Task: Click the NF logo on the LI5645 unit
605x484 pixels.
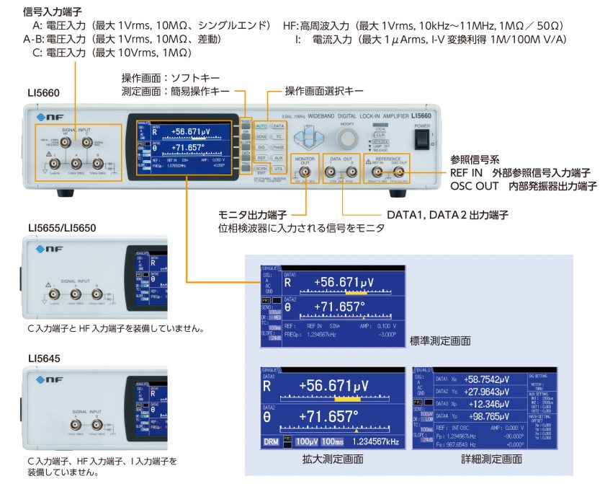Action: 49,375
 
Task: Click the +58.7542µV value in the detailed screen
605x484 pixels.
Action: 487,379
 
